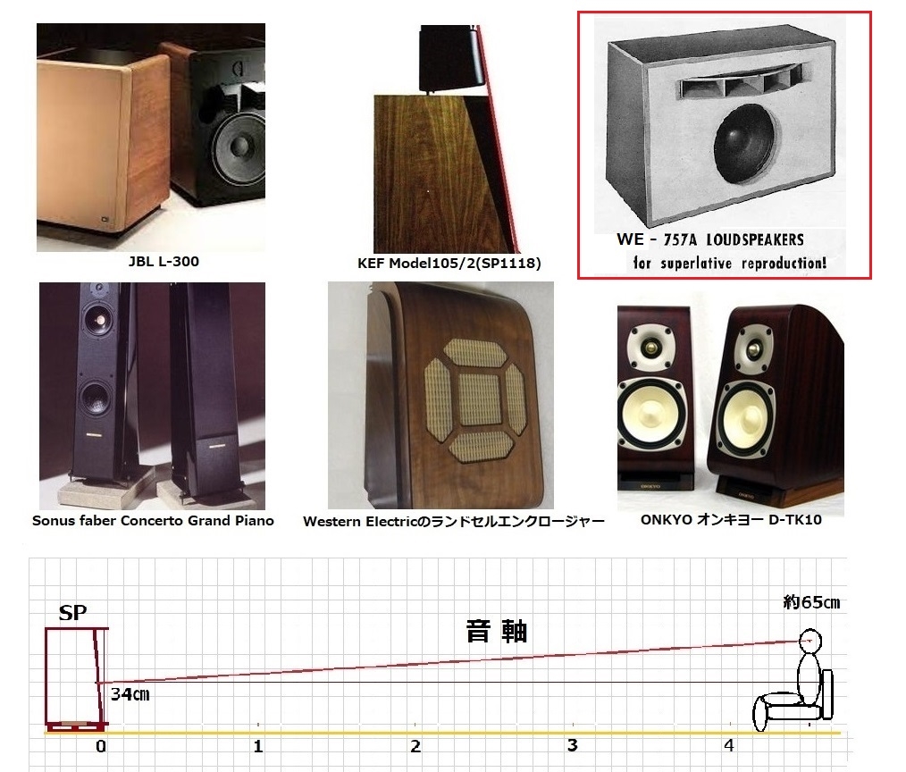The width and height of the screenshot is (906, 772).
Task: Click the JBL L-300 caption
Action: click(150, 262)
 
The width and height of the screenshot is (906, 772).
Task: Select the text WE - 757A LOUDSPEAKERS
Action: click(709, 239)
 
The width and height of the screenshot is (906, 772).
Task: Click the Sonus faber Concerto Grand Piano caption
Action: click(153, 520)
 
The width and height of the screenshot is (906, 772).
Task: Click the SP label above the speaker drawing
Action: click(71, 614)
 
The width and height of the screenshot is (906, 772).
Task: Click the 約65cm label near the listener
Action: click(810, 603)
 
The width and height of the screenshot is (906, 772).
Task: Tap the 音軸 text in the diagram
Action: click(497, 631)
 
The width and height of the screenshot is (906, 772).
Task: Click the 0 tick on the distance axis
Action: click(101, 745)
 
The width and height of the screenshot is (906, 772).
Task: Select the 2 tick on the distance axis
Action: click(415, 745)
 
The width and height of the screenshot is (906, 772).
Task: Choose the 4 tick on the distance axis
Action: click(729, 745)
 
